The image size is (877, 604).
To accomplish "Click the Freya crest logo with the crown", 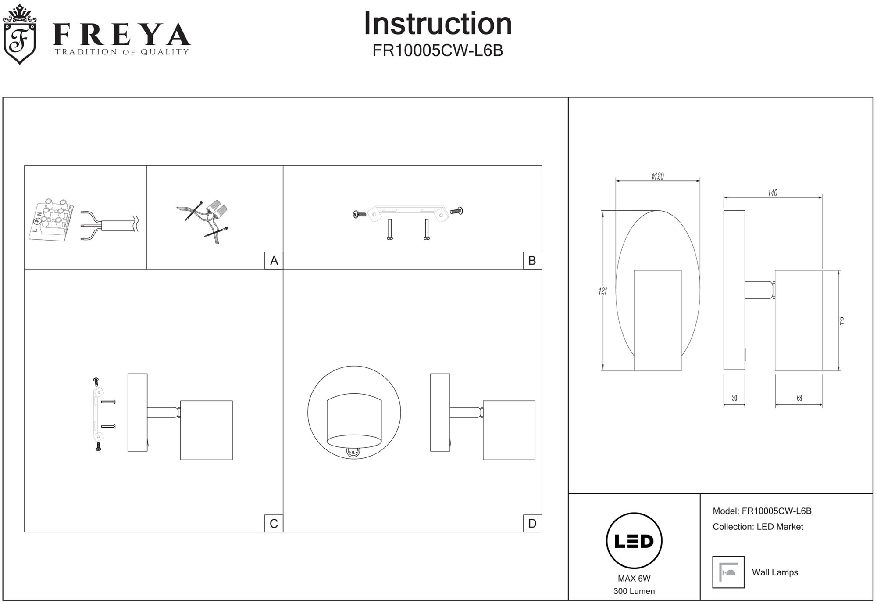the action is [20, 35].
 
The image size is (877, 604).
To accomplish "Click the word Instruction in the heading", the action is [438, 24].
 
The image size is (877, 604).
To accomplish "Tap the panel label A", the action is [274, 261].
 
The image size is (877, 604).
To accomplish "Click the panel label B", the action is [532, 261].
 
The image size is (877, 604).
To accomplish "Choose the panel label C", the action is [274, 524].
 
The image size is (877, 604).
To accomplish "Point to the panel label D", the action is [532, 524].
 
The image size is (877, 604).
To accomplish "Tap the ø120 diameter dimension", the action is [657, 176].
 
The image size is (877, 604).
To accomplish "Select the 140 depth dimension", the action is [772, 193].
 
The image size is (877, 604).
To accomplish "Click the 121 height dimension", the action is [603, 291].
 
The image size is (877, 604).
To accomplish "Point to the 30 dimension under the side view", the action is [734, 398].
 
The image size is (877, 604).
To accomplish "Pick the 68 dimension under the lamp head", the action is [799, 398].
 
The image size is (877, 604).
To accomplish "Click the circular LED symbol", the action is [634, 541].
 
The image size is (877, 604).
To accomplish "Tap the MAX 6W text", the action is [634, 579].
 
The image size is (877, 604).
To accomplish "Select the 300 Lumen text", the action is [634, 591].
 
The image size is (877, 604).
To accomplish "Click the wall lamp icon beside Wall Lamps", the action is [728, 572].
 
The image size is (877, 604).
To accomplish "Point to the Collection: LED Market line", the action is [758, 527].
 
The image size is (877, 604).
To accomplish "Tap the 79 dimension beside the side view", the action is [841, 320].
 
